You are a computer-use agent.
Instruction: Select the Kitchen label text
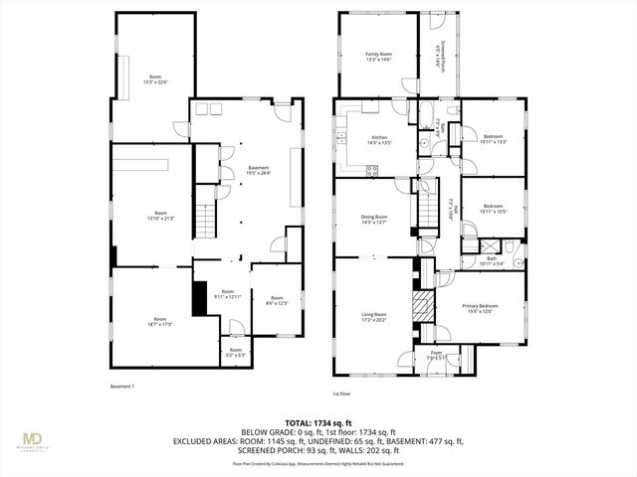tap(379, 140)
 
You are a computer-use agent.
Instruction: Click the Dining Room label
tap(374, 219)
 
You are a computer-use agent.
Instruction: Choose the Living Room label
tap(374, 316)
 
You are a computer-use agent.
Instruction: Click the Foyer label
tap(436, 355)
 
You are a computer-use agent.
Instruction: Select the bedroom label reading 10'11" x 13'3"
tap(495, 139)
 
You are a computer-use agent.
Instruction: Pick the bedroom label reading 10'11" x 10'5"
tap(494, 210)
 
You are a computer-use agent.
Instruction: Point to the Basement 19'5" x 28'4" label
tap(258, 171)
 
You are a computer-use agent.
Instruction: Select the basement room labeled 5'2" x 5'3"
tap(236, 352)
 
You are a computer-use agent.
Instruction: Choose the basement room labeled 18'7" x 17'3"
tap(159, 321)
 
